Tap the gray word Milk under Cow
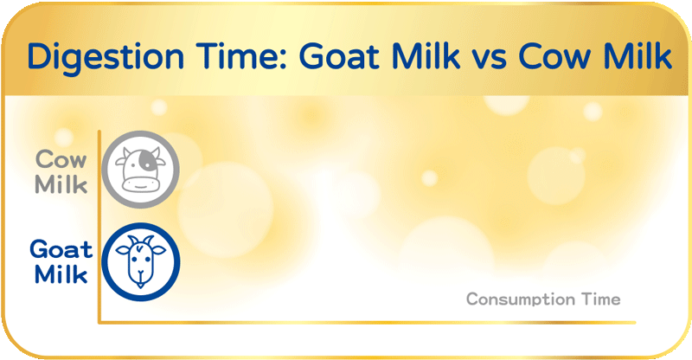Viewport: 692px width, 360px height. point(61,184)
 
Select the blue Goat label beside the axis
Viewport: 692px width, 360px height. point(61,250)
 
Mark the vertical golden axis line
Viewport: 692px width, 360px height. point(99,225)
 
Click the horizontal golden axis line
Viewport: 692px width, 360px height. point(363,323)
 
